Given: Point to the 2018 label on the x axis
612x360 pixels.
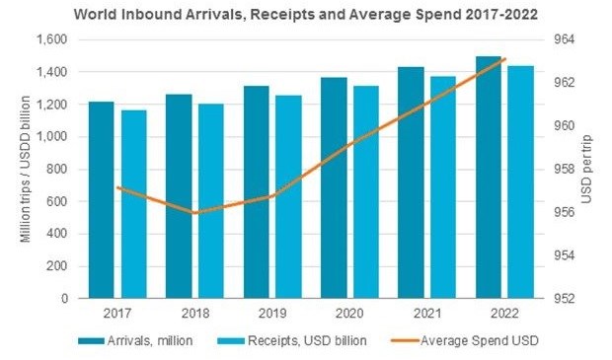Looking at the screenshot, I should pyautogui.click(x=193, y=313).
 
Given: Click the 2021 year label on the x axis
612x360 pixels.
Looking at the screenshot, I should pyautogui.click(x=425, y=313).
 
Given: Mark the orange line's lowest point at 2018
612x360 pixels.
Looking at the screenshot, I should pyautogui.click(x=194, y=212).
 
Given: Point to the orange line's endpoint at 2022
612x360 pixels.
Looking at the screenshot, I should pyautogui.click(x=505, y=59).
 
